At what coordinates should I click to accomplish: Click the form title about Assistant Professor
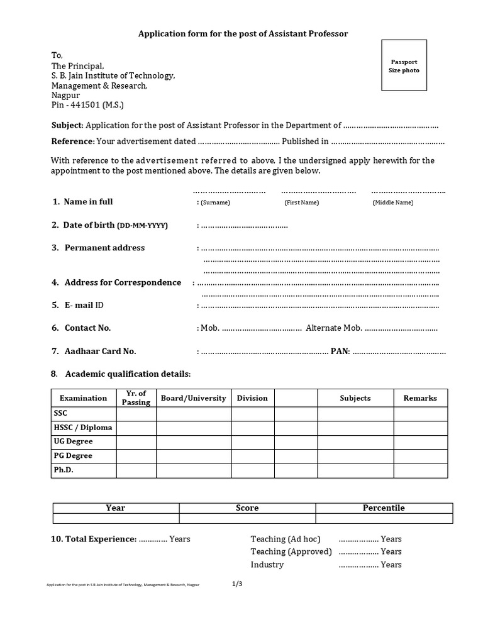(243, 33)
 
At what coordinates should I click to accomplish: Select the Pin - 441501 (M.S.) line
(92, 106)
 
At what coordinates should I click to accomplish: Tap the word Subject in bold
(67, 125)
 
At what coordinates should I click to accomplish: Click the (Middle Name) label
(393, 203)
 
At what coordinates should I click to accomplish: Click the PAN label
(340, 351)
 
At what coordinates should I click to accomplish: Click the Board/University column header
(193, 398)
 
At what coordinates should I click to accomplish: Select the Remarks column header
(420, 398)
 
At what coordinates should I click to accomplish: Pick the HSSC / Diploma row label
(83, 428)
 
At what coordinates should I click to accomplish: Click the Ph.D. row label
(64, 470)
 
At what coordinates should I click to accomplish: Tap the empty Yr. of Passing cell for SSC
(136, 414)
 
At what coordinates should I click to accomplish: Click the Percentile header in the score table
(384, 508)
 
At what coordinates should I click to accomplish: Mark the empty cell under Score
(247, 518)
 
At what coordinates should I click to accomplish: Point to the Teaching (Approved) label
(291, 552)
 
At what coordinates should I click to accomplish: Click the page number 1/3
(237, 584)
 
